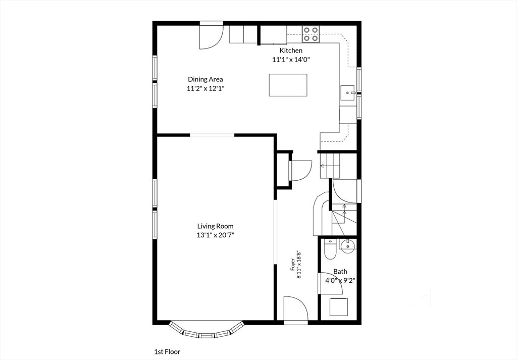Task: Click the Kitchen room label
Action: coord(291,50)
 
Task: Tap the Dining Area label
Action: coord(205,79)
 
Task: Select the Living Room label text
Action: coord(215,226)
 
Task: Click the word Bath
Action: coord(340,272)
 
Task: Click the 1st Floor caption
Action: coord(168,352)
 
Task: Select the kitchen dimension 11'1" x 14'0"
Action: coord(291,60)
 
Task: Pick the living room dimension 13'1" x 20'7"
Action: coord(215,235)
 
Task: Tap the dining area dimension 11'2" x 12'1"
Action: coord(205,88)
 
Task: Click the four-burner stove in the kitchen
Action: coord(311,34)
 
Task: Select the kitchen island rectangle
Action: coord(288,85)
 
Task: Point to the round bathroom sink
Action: coord(347,246)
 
